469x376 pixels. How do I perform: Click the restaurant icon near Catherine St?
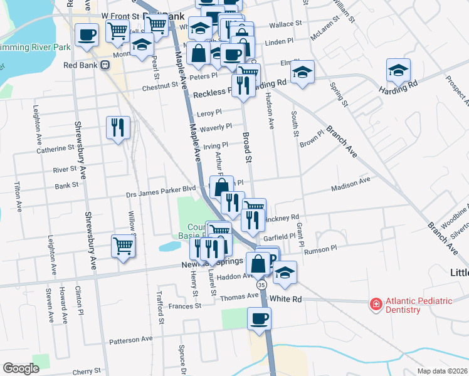click(x=118, y=128)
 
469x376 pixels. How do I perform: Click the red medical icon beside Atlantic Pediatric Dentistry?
click(x=376, y=304)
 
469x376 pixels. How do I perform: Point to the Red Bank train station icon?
click(x=105, y=65)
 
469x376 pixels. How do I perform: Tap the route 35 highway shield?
click(x=261, y=285)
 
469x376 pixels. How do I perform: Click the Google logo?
click(x=21, y=368)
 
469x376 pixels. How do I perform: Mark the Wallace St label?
click(x=286, y=26)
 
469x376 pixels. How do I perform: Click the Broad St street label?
click(x=248, y=147)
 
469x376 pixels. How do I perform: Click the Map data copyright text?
click(x=442, y=371)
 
